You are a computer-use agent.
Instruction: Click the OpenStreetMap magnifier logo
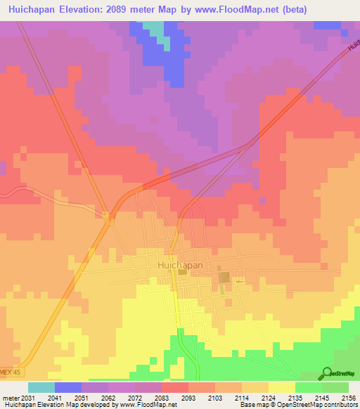coord(326,374)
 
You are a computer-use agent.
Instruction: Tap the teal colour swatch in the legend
coord(41,387)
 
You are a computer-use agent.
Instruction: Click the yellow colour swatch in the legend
coord(282,387)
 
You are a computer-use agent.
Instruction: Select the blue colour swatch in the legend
coord(68,387)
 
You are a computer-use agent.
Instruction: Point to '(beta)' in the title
coord(330,8)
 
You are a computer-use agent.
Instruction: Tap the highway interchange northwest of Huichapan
coord(109,217)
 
